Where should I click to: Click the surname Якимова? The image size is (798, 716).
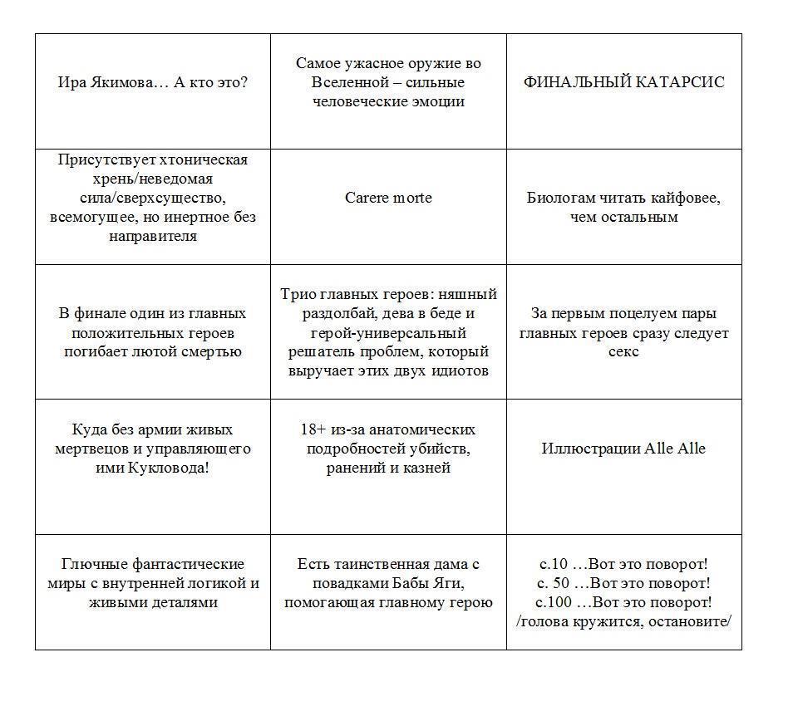click(x=124, y=82)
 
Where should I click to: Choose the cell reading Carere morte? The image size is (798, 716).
click(x=388, y=198)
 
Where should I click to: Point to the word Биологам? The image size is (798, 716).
click(x=562, y=198)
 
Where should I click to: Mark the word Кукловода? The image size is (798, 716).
click(x=175, y=468)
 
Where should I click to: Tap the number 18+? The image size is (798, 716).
click(x=315, y=429)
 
